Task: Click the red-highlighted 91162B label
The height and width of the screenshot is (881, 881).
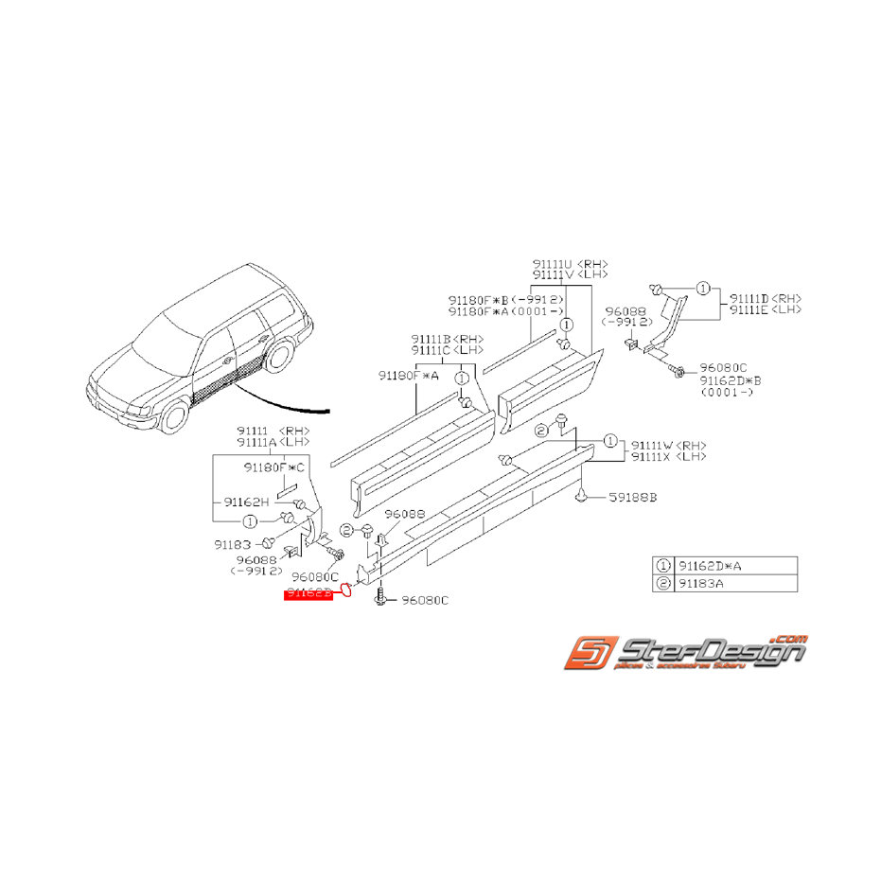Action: (309, 593)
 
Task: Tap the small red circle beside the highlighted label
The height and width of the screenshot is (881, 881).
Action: (346, 591)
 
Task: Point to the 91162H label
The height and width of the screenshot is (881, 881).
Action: (247, 502)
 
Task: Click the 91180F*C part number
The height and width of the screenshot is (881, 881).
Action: (275, 467)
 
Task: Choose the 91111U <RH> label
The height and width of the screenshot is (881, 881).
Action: (570, 264)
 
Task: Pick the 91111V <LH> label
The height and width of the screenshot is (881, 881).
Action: (570, 274)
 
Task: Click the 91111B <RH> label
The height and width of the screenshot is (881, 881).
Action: (447, 339)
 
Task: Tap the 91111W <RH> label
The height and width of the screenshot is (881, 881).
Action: (669, 445)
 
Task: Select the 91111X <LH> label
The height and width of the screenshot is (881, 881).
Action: (669, 456)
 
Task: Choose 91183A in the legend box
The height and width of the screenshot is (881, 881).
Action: (705, 583)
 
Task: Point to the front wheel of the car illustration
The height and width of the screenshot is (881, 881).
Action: (173, 415)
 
